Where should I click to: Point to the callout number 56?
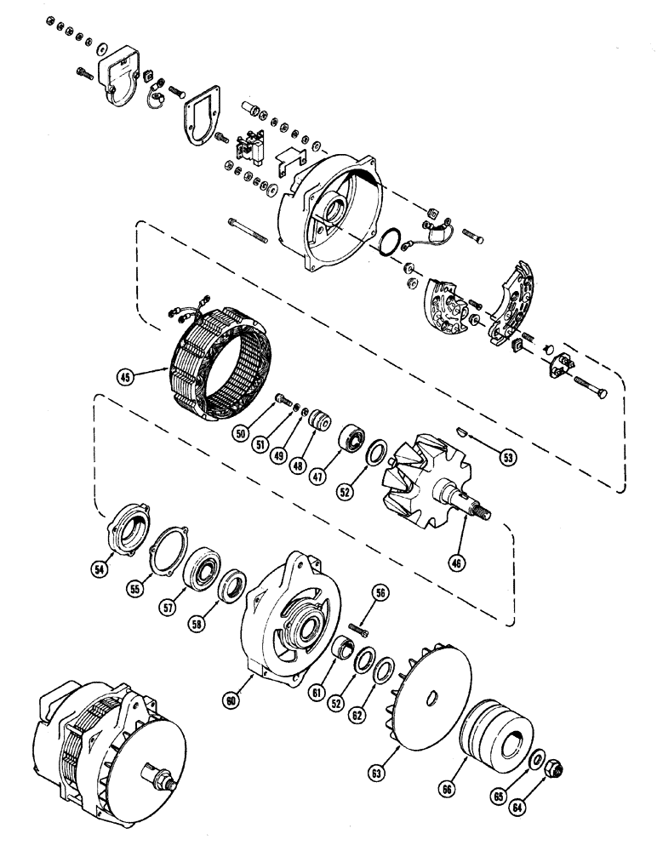click(x=380, y=594)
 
